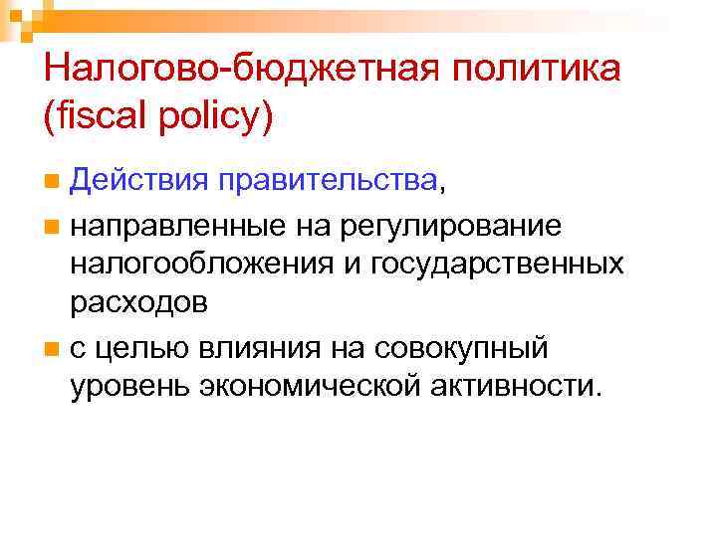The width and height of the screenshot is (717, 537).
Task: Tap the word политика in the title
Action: click(528, 71)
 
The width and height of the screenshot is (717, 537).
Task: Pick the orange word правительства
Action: click(313, 181)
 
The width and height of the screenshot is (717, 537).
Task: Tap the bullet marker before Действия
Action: click(52, 182)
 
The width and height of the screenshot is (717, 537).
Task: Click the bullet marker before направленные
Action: click(52, 228)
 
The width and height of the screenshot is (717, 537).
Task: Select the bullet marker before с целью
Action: click(52, 351)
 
